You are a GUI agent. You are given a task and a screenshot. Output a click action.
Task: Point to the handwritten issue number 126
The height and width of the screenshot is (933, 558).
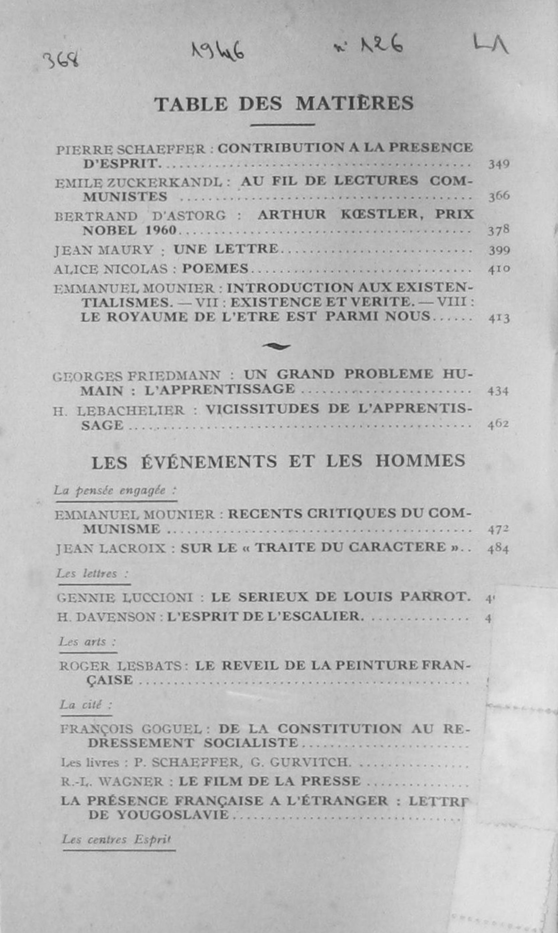point(381,45)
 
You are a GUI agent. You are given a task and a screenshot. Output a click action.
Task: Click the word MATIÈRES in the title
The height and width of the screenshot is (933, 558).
point(354,104)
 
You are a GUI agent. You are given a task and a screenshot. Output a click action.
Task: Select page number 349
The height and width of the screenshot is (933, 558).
point(499,164)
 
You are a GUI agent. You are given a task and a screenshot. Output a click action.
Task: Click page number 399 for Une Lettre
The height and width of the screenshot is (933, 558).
point(499,250)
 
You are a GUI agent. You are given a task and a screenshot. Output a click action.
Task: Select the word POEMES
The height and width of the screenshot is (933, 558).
point(215,268)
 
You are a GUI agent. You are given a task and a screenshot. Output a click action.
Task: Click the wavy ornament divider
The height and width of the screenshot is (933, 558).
point(277,346)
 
